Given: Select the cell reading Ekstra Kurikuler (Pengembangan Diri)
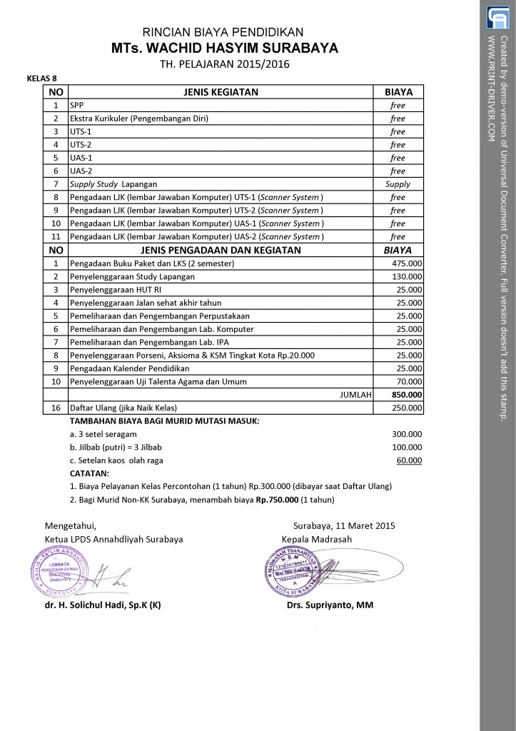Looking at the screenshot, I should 139,119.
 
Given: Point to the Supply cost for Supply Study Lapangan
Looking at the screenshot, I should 398,184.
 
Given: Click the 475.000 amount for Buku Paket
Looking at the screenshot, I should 408,263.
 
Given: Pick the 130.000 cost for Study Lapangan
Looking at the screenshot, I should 408,276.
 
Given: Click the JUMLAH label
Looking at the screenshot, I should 355,395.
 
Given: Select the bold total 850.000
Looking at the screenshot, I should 407,395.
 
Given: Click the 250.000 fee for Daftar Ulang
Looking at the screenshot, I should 408,408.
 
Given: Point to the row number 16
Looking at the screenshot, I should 56,408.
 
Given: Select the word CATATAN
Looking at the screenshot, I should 90,473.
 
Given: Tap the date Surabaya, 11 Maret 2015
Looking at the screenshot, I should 343,526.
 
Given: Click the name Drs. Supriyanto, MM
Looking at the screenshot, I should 325,605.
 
